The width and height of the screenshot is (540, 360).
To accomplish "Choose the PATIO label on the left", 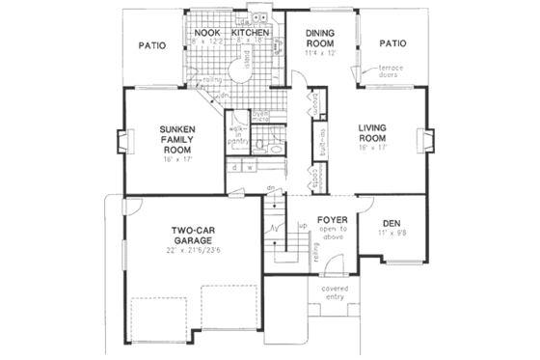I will pyautogui.click(x=151, y=44).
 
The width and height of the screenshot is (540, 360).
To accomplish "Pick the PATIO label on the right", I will pyautogui.click(x=392, y=43).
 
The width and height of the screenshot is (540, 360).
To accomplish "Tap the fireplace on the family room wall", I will pyautogui.click(x=120, y=143).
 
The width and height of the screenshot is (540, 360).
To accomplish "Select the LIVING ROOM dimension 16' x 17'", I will pyautogui.click(x=372, y=148).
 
